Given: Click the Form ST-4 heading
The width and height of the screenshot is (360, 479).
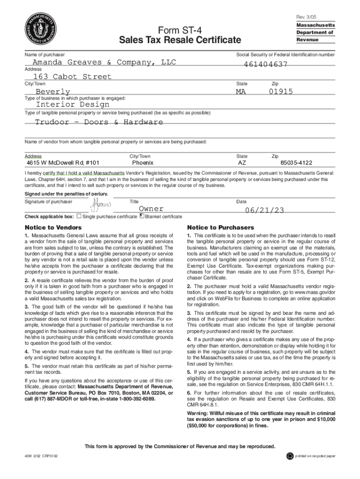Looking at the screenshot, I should coord(180,29).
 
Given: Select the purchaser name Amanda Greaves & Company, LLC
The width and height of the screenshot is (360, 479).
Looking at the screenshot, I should coord(101,63).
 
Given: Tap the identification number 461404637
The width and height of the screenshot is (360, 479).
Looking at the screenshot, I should coord(266,65).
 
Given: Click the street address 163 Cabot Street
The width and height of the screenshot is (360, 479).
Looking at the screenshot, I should coord(72,77).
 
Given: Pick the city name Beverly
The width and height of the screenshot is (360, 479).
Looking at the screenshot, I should coord(53,92).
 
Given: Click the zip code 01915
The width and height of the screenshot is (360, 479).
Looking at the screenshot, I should coord(281,92).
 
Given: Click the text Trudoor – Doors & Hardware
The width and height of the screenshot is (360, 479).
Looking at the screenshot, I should coord(99,122).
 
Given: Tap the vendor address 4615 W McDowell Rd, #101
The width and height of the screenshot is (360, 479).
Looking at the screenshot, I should coord(63,163).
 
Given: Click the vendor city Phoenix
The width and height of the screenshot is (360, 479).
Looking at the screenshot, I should coord(143,163).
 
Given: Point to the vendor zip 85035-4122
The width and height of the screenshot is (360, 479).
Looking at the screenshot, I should coord(296,163).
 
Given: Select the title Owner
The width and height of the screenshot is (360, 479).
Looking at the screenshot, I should coord(151,209).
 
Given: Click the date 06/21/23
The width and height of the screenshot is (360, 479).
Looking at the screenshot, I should coord(265,210).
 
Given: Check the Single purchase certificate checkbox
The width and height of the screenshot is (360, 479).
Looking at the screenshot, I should coord(79,217).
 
